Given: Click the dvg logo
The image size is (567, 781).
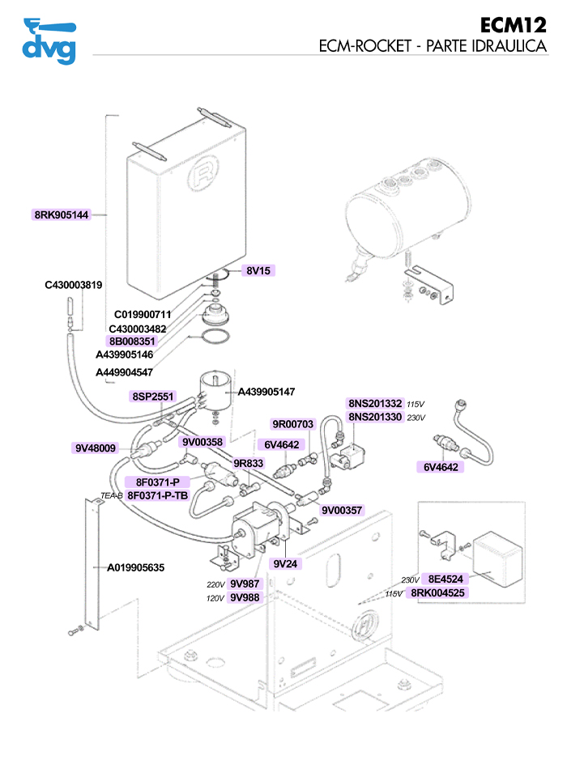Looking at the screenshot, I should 49,40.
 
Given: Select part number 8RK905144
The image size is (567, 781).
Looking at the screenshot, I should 61,215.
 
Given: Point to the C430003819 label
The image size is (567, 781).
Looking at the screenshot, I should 73,285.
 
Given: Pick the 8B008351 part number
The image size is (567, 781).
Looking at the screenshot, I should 132,342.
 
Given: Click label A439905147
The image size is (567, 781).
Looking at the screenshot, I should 266,392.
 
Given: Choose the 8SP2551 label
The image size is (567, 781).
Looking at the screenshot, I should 153,397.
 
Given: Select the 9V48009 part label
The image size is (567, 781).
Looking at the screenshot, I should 96,448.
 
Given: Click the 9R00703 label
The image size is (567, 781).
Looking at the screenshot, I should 292,424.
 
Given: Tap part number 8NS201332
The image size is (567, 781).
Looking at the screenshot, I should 375,403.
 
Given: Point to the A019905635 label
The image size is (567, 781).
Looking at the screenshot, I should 136,568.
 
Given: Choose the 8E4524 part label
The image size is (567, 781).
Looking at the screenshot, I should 445,579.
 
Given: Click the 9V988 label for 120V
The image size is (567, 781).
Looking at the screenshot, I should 245,597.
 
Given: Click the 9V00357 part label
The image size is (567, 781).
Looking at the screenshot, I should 342,511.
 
